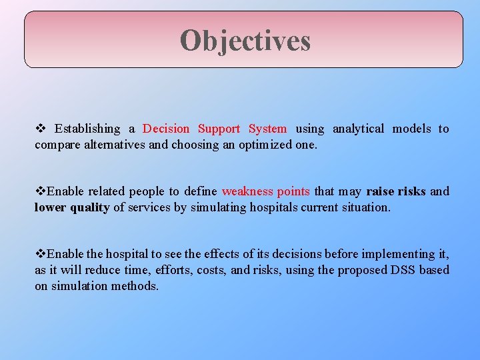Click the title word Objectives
[x=245, y=40]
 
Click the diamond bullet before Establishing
[x=39, y=129]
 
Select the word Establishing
[x=87, y=129]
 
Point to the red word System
[x=267, y=129]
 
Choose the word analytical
[x=358, y=129]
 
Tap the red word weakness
[x=247, y=191]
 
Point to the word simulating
[x=219, y=207]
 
